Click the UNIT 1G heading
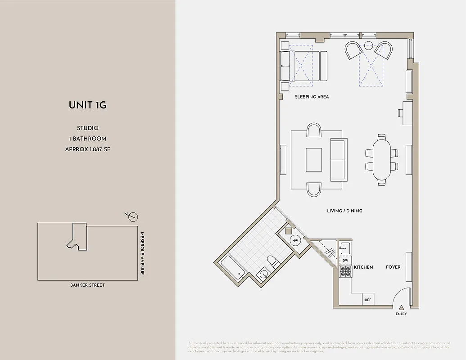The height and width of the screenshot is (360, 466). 87,105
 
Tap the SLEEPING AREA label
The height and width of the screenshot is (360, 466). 312,97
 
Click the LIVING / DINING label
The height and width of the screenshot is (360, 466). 344,211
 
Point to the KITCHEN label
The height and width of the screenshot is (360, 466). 363,267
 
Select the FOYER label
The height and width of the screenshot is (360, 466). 393,267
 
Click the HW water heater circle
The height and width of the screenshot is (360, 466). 295,241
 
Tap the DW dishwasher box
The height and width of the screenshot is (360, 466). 345,260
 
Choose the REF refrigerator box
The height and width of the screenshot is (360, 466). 368,299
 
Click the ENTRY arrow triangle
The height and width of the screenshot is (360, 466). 401,307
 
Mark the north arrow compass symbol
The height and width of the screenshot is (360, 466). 132,217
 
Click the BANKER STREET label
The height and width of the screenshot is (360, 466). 87,285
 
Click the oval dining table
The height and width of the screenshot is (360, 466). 382,160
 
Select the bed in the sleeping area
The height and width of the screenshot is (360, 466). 304,66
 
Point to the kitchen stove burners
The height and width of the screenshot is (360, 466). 345,271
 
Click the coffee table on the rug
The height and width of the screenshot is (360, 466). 314,160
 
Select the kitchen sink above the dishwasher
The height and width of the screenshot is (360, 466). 345,247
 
